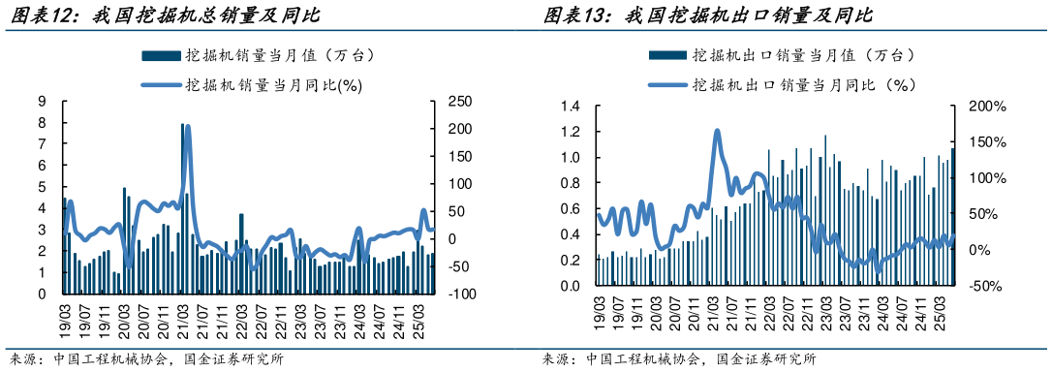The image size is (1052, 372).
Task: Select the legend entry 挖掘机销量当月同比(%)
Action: tap(263, 85)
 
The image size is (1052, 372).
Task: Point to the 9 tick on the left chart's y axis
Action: tap(42, 101)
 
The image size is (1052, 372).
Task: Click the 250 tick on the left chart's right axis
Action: tap(459, 101)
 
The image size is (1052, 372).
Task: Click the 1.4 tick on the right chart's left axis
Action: tap(570, 106)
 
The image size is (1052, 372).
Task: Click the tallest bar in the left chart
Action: tap(182, 208)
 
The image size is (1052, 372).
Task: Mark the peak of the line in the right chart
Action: tap(717, 131)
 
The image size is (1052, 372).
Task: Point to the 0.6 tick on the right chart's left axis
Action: tap(570, 208)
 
